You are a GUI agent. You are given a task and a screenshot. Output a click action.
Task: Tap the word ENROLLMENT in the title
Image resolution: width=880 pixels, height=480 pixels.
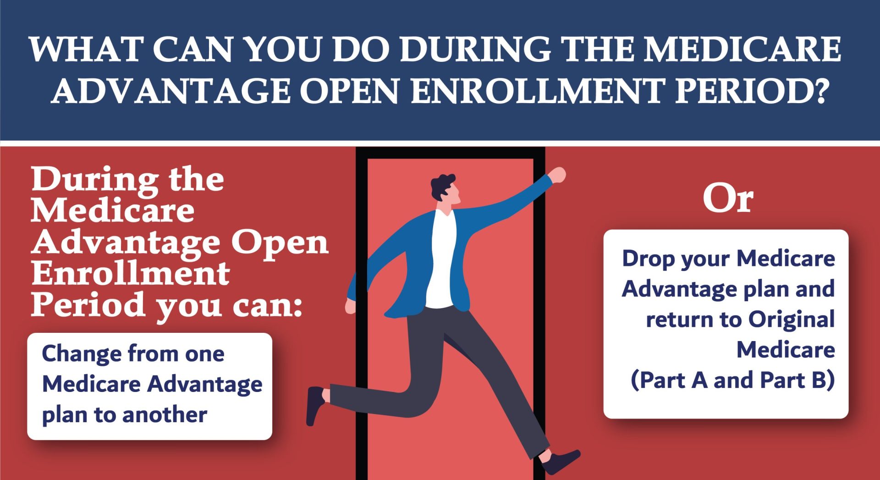[x=538, y=91]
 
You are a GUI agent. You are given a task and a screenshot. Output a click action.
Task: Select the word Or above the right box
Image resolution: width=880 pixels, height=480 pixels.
[x=728, y=199]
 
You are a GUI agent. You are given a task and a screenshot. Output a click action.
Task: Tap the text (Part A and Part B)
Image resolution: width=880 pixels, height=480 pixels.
[x=732, y=381]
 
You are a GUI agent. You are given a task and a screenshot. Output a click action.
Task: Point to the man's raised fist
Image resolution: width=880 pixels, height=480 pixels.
[x=558, y=175]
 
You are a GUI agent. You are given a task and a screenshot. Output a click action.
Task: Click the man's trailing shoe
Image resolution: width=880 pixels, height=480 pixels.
[x=315, y=403]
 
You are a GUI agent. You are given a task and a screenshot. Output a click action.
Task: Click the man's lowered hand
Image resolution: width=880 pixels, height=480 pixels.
[x=351, y=306]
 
